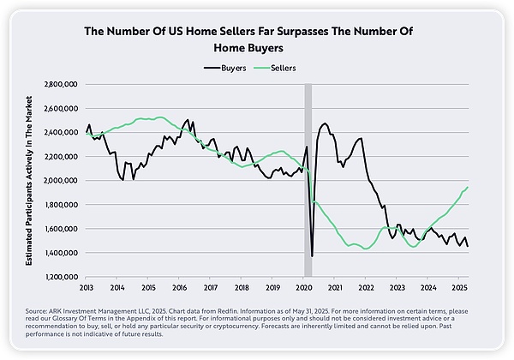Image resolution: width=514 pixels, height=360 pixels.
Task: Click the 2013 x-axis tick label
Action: coord(87,288)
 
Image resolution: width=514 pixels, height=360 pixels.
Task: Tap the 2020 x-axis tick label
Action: coord(304,288)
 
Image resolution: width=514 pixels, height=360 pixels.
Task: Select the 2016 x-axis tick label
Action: coord(180,288)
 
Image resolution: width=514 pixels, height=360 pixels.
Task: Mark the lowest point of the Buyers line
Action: coord(312,255)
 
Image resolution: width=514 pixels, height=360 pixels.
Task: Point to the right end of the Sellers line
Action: coord(468,187)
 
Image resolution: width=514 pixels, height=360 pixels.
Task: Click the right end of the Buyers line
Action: coord(468,246)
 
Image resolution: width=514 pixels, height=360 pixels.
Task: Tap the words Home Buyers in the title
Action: coord(256,48)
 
